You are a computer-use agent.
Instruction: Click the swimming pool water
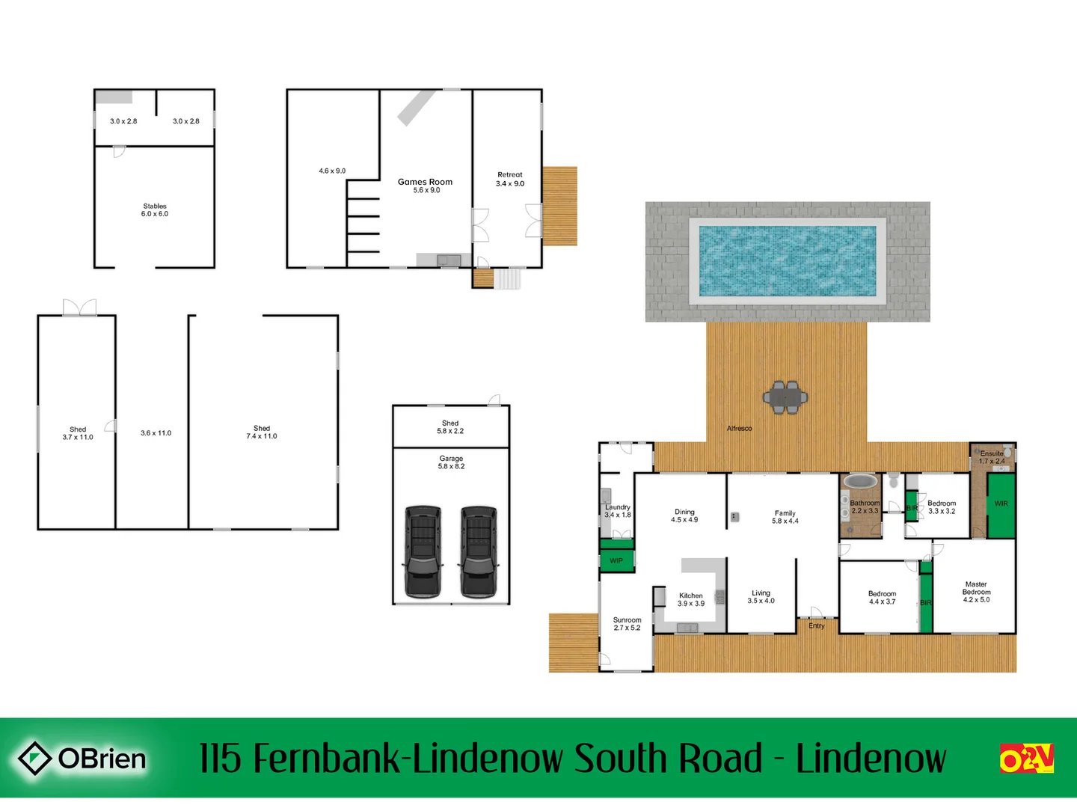787,261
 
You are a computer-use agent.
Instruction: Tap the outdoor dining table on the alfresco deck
785,397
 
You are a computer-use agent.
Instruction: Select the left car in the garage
423,552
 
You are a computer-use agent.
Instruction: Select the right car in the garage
478,552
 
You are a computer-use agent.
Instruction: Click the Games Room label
425,182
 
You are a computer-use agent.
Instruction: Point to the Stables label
155,206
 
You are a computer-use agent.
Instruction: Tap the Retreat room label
510,174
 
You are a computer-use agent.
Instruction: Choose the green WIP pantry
616,560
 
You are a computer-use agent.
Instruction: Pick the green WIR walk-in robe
1001,504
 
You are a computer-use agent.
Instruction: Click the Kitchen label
690,596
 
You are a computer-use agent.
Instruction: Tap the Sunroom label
627,619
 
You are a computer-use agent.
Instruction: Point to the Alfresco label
739,429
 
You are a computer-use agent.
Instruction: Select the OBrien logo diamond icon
34,759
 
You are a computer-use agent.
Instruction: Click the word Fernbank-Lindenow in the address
408,759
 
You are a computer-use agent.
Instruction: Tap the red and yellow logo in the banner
1026,759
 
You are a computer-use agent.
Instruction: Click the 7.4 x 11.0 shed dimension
262,436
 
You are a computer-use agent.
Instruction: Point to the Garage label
451,459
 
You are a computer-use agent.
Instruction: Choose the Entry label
816,625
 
